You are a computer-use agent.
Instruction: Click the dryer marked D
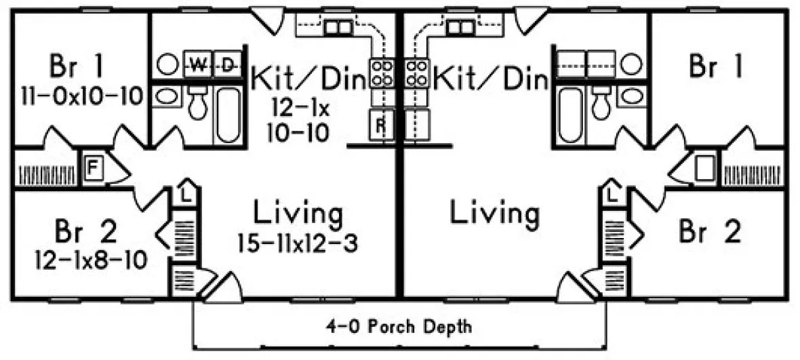click(x=228, y=64)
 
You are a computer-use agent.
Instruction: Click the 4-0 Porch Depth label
click(x=399, y=327)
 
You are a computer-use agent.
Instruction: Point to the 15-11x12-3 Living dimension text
click(x=298, y=242)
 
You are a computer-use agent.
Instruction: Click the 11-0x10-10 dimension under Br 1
click(x=76, y=96)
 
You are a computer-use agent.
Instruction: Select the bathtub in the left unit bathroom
click(x=228, y=113)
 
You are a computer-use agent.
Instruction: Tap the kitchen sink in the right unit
click(x=462, y=26)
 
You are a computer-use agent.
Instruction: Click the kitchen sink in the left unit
click(x=336, y=26)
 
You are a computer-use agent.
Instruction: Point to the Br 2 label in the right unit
click(x=709, y=232)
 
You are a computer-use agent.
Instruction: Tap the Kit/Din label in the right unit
click(x=490, y=79)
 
